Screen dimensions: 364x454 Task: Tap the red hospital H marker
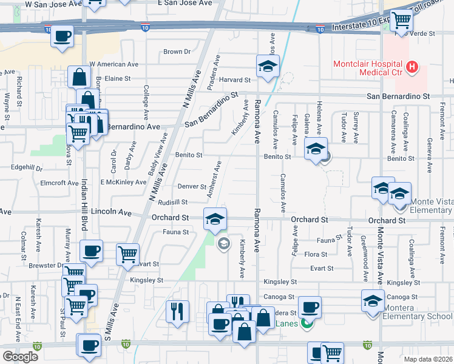[x=412, y=66]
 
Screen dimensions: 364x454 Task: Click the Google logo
[x=20, y=357]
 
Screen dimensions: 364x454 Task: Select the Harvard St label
[x=234, y=80]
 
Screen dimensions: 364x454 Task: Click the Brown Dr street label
[x=177, y=52]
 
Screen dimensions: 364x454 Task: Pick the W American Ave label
[x=113, y=64]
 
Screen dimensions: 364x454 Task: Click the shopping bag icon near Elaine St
[x=79, y=77]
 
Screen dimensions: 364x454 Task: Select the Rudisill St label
[x=174, y=202]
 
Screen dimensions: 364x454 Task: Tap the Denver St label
[x=192, y=186]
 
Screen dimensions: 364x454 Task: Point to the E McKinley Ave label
[x=123, y=182]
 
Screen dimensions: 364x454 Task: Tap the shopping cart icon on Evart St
[x=127, y=255]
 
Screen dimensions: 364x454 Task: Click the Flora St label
[x=316, y=254]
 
